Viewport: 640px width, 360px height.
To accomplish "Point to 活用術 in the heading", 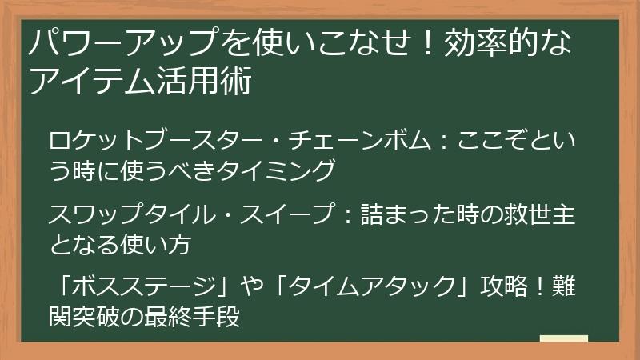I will click(x=199, y=82).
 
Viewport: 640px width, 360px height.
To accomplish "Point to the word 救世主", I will click(x=535, y=215).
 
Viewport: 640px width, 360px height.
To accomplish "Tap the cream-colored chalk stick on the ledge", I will click(x=563, y=340).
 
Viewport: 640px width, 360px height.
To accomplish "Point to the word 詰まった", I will click(x=402, y=215).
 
